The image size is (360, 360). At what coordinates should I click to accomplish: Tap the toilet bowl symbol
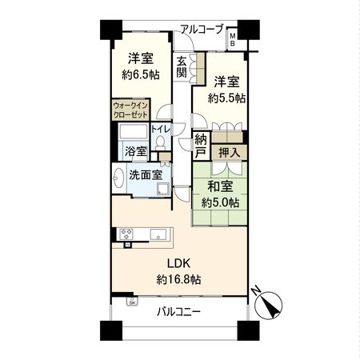[x=160, y=142]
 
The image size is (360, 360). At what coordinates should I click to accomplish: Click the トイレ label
[x=160, y=128]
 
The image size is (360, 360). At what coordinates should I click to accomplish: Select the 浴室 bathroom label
[x=134, y=150]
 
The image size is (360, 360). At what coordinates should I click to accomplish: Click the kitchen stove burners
[x=126, y=234]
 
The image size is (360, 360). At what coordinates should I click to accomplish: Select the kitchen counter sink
[x=158, y=234]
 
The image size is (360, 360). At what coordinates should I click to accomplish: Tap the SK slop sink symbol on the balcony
[x=132, y=302]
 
